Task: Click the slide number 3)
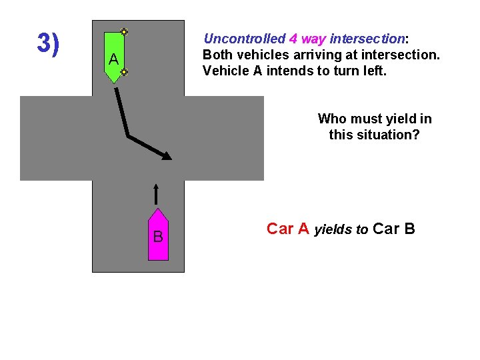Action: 48,43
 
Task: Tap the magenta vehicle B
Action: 158,235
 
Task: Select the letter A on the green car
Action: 114,59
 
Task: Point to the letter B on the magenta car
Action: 158,237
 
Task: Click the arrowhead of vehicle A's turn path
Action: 167,156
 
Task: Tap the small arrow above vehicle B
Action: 155,194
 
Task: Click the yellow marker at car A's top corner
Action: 124,31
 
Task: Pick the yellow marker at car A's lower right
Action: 124,71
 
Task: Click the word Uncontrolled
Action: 244,39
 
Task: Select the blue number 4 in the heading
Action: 293,39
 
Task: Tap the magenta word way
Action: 313,39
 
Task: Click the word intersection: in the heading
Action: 369,39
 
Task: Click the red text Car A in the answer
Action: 288,229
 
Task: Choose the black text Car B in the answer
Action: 394,229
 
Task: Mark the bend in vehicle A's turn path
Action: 128,136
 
